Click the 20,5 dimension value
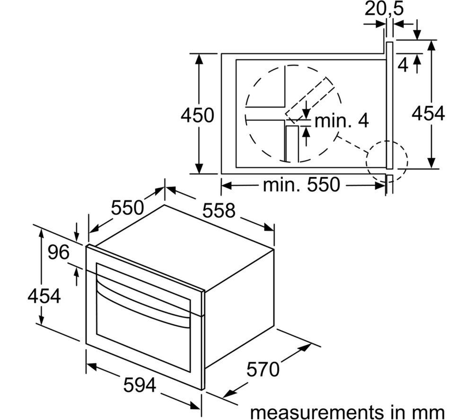point(384,10)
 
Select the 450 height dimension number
point(197,115)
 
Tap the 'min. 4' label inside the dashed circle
point(341,121)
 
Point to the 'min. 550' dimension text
point(301,185)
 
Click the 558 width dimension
point(219,210)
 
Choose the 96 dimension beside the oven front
point(59,253)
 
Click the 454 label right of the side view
point(428,114)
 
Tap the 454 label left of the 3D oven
point(44,296)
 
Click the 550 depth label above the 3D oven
point(127,207)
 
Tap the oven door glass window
point(142,331)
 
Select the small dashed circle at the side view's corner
point(386,161)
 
